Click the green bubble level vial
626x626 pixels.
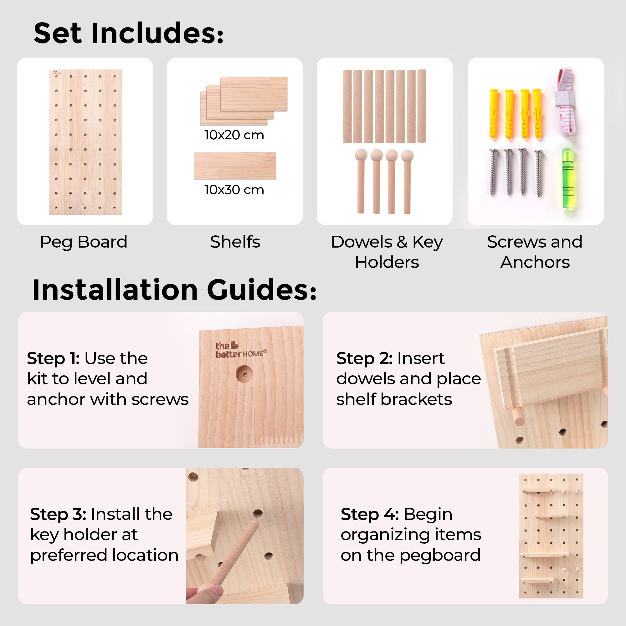[x=567, y=179]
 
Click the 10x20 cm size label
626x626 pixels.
[x=234, y=135]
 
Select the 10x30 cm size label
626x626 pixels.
[x=234, y=190]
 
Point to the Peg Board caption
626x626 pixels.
[x=84, y=242]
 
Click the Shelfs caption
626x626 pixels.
[x=235, y=242]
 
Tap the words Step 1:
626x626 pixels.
[x=54, y=358]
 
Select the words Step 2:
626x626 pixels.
[x=365, y=358]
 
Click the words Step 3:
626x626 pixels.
[x=58, y=514]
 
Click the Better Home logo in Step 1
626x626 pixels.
[x=241, y=350]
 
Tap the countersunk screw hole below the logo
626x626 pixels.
[x=244, y=374]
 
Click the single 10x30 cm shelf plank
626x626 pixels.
[x=235, y=166]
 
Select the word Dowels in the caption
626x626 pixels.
[x=362, y=242]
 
